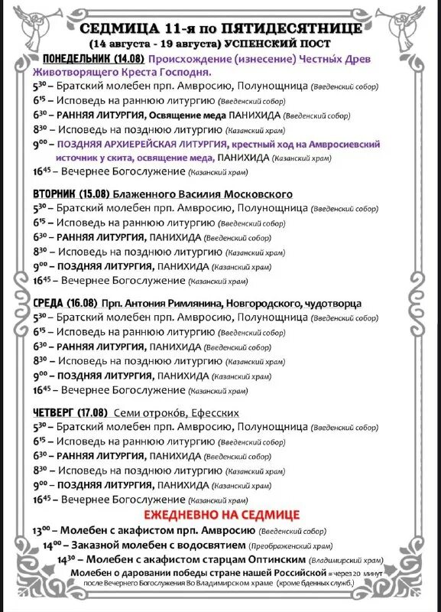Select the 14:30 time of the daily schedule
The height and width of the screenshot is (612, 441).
coord(66,560)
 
